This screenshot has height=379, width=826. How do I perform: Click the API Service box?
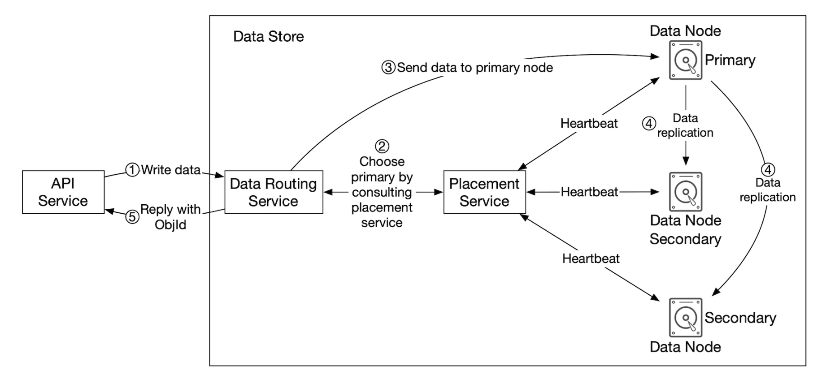63,192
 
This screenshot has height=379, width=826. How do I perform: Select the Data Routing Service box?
274,192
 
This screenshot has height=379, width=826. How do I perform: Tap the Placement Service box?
484,192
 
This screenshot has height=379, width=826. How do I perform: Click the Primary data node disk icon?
685,60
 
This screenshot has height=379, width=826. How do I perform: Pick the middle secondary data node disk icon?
685,192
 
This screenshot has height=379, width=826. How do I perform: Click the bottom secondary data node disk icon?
685,318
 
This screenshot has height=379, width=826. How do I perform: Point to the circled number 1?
132,170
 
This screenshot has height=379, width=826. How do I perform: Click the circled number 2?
382,146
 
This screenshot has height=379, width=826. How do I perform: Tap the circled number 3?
388,68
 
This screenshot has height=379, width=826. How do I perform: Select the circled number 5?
132,217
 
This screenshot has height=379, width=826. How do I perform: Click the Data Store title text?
269,37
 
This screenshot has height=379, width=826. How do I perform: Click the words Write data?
171,170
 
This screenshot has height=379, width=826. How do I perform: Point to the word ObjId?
170,224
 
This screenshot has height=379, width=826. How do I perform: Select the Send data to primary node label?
474,68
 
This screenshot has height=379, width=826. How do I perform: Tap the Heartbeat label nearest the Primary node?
589,123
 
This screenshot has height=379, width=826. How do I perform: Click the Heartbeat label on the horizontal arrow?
589,192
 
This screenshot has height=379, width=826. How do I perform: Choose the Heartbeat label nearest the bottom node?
591,258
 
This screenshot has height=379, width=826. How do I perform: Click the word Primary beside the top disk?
730,60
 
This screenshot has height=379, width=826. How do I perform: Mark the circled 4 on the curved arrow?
768,170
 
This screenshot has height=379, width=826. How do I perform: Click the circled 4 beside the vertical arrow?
649,124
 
